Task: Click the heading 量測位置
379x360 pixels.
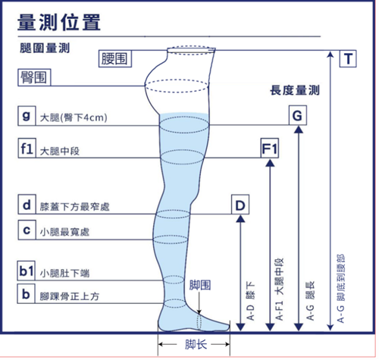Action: tap(59, 22)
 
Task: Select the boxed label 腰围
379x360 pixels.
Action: tap(115, 58)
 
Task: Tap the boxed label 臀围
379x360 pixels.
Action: tap(34, 77)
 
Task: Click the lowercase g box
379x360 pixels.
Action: tap(27, 116)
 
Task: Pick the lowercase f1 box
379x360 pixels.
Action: tap(27, 148)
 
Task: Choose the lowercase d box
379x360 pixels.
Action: tap(27, 205)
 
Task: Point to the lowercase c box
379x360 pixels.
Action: tap(27, 230)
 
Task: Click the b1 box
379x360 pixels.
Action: tap(27, 271)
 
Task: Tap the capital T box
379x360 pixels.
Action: tap(348, 58)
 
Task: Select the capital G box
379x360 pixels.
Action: tap(298, 115)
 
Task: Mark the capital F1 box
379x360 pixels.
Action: tap(270, 148)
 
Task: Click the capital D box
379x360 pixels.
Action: tap(240, 205)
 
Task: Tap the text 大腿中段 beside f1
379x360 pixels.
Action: tap(60, 152)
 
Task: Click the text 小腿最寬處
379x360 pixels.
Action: tap(64, 232)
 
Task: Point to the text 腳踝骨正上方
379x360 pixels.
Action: tap(70, 296)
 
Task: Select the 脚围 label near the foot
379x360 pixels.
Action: tap(200, 285)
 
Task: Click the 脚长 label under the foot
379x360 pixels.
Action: tap(196, 344)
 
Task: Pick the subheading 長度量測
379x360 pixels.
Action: tap(295, 90)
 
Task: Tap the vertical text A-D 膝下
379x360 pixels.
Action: tap(251, 302)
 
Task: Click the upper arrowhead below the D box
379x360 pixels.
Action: tap(240, 219)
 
